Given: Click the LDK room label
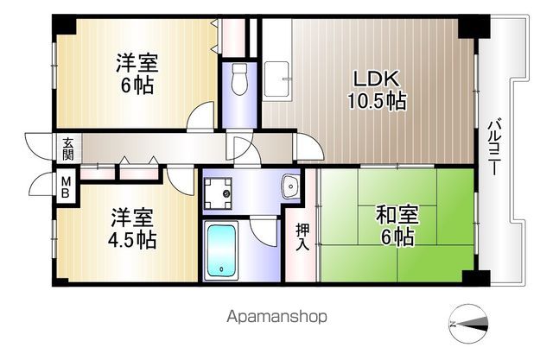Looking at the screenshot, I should pos(374,77).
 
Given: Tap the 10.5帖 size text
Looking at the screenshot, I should pos(377,100).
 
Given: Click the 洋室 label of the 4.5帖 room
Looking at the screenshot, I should pos(132,216).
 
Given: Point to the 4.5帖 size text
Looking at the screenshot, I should pos(132,239).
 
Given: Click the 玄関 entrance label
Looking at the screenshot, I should pos(67,148).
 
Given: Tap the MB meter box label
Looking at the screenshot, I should pos(65,186).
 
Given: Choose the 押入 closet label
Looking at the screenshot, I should pos(302,237).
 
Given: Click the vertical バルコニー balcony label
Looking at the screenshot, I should pos(495,147).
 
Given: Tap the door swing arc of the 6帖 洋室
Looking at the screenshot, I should pos(203,115).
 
